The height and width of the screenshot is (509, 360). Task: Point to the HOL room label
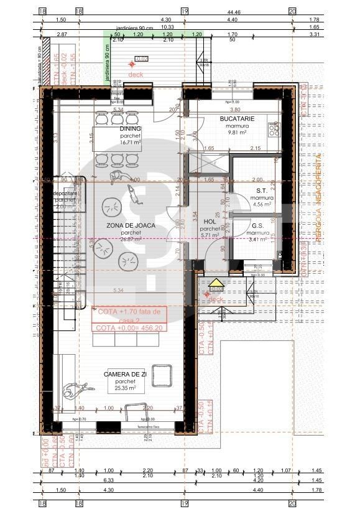(210, 221)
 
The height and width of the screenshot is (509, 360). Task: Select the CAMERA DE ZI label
(125, 374)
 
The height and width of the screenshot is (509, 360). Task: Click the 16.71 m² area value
(131, 142)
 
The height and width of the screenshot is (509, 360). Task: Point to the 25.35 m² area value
(125, 388)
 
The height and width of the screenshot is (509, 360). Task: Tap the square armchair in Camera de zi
(163, 376)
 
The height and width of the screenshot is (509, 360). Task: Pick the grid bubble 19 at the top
(184, 11)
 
